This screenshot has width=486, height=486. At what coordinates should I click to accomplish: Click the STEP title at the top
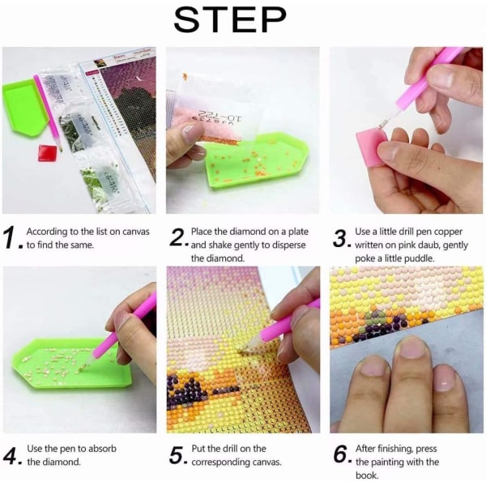coord(230,19)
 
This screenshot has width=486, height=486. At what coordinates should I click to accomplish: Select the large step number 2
coord(177,237)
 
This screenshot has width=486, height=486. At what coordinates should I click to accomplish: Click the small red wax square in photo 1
coord(47,153)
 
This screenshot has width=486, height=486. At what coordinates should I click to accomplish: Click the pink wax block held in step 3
coord(369,146)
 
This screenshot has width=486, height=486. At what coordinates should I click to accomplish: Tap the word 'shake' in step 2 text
coord(220,245)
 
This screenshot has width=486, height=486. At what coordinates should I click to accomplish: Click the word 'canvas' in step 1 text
coord(136,232)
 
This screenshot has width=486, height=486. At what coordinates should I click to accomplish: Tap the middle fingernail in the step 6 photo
coord(410,347)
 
